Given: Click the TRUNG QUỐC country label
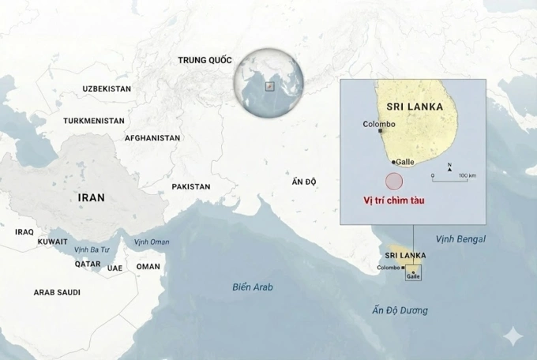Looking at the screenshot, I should [x=205, y=60].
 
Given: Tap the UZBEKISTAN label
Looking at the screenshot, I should [x=107, y=88].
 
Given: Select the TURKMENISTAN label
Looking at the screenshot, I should [x=94, y=121].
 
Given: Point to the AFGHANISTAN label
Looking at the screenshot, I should [x=152, y=137].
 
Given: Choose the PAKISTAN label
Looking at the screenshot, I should [x=191, y=187].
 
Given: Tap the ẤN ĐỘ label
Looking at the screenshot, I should [x=304, y=182].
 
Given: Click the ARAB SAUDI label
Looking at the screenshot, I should [x=56, y=292].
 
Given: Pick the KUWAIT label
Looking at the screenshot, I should [x=52, y=242].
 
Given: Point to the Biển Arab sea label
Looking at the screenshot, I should [x=253, y=287].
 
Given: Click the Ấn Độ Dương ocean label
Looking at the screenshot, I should [x=400, y=310].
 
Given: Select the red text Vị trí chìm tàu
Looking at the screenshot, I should [x=393, y=202].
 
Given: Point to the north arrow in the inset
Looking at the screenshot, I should [x=449, y=167].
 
